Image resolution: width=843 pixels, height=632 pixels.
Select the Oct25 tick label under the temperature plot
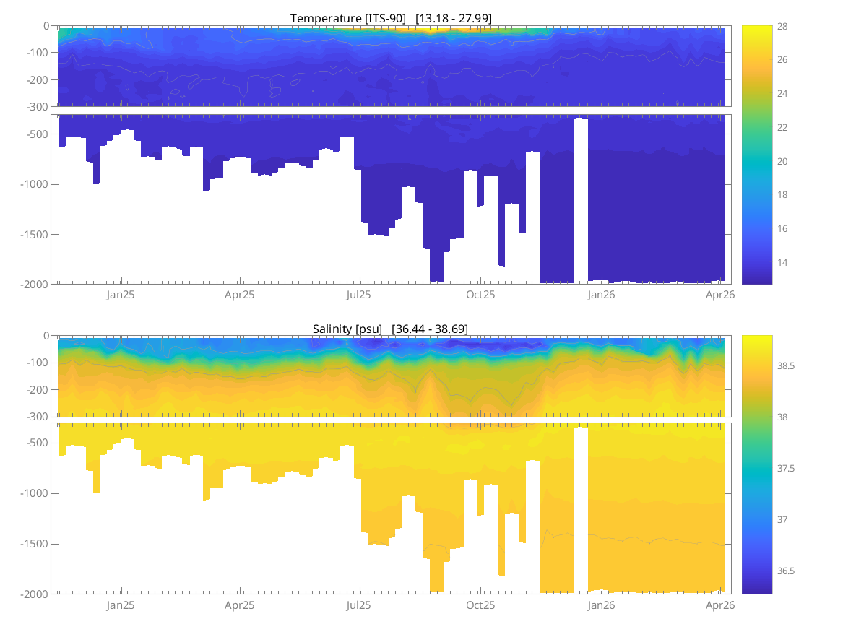tap(480, 295)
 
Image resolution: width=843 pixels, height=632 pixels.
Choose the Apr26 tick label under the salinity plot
tap(720, 605)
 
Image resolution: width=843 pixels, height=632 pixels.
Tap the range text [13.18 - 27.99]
tap(454, 18)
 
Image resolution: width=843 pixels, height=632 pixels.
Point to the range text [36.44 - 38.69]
tap(430, 329)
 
